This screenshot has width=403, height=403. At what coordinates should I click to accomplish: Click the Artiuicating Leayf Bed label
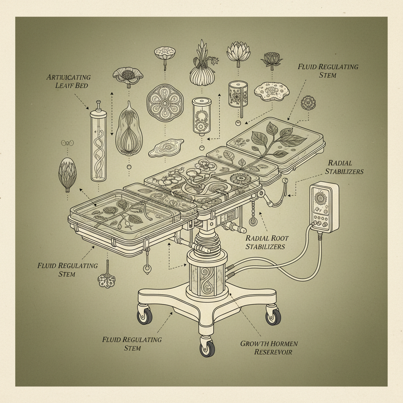(x=68, y=81)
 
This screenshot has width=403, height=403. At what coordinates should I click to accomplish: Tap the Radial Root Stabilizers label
(x=267, y=242)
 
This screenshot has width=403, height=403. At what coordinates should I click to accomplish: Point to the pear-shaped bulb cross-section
(x=128, y=130)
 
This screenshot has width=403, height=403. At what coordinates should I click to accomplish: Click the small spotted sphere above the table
(x=308, y=103)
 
